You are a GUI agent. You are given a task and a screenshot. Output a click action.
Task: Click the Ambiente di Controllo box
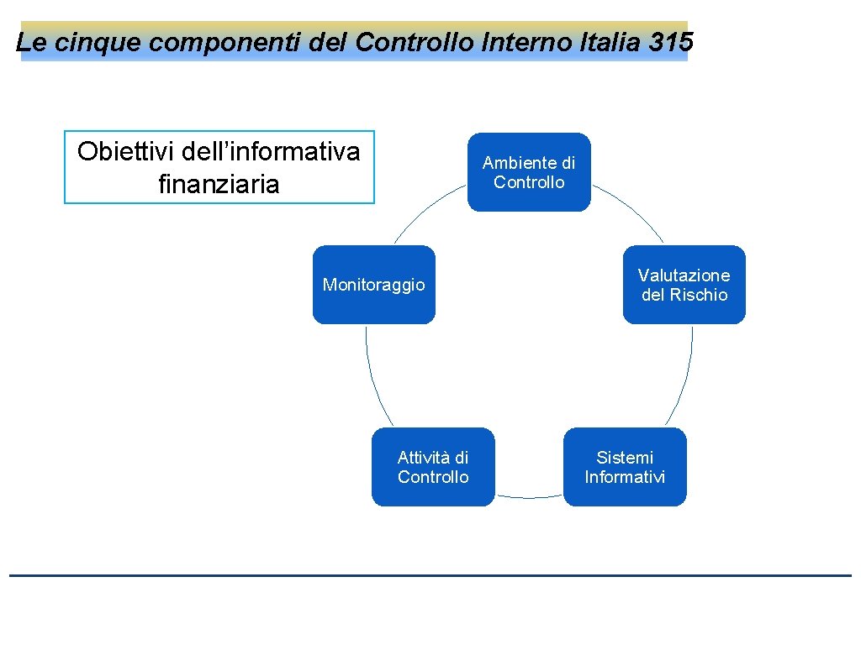pyautogui.click(x=529, y=172)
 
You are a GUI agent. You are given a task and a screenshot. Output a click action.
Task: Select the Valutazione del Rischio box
pyautogui.click(x=684, y=285)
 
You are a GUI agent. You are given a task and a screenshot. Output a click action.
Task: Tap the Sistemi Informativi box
pyautogui.click(x=625, y=467)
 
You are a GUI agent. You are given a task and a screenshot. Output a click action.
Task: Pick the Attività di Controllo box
pyautogui.click(x=433, y=467)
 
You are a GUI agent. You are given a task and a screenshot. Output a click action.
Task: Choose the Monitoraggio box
pyautogui.click(x=374, y=285)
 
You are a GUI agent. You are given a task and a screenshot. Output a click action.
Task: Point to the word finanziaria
pyautogui.click(x=219, y=184)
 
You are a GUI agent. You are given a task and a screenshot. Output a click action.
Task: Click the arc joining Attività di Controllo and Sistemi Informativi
pyautogui.click(x=529, y=498)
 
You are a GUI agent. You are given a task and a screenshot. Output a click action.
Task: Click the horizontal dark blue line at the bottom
pyautogui.click(x=430, y=575)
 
